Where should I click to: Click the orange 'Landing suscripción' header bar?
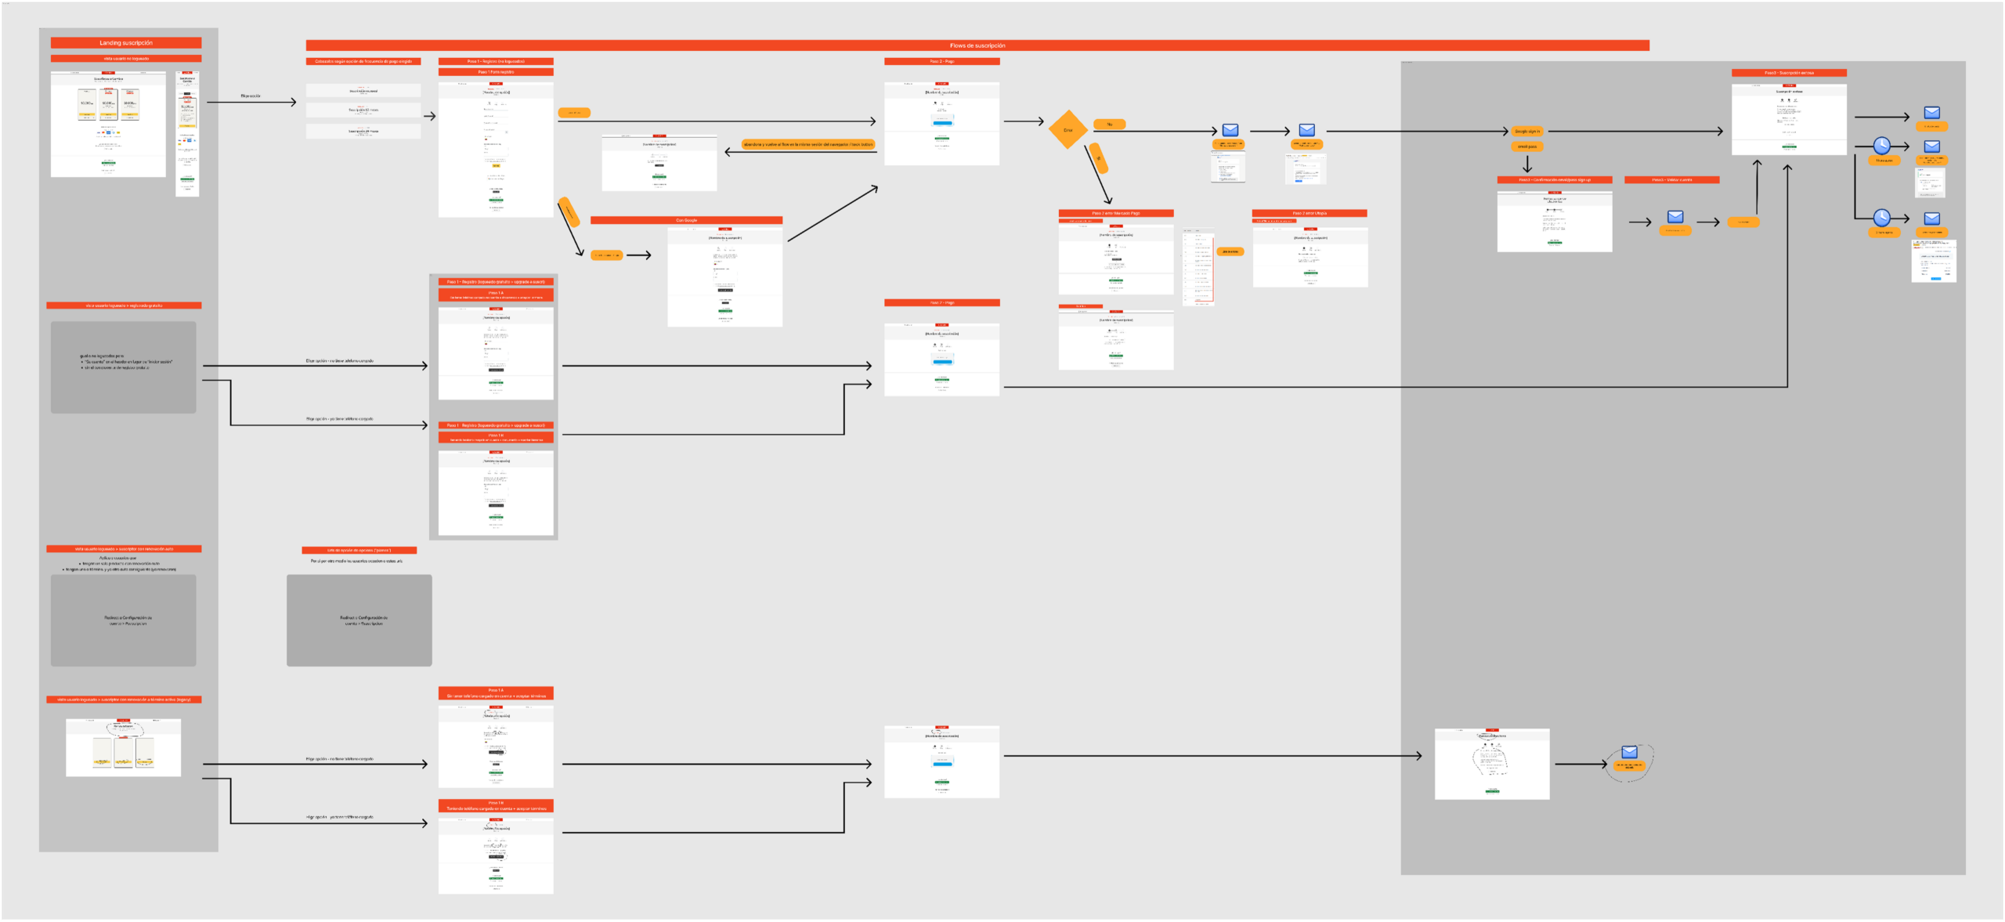(126, 43)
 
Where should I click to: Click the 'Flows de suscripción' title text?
(977, 45)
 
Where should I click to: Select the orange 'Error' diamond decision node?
(1068, 130)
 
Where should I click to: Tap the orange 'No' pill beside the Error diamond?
(1109, 125)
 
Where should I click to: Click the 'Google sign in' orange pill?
(1526, 132)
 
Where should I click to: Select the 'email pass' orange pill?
(1526, 146)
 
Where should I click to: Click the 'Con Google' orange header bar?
(686, 220)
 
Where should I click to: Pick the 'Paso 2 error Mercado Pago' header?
(1115, 213)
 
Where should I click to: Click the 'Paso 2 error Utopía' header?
(1309, 213)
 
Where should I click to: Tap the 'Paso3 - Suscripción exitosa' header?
(1788, 73)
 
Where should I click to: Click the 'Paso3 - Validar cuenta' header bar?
(1671, 180)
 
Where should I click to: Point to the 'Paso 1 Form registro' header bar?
(496, 72)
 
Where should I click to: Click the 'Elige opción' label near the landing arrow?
(251, 96)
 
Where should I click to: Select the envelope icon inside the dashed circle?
(1629, 752)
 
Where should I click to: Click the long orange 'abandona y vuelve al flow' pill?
(808, 145)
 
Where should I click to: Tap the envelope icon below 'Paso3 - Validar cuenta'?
(1675, 217)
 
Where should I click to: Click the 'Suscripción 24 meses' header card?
(363, 131)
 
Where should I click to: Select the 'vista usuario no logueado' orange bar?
(126, 59)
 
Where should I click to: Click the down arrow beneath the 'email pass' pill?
(1526, 165)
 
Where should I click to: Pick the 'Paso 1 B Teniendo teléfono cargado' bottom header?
(496, 806)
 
